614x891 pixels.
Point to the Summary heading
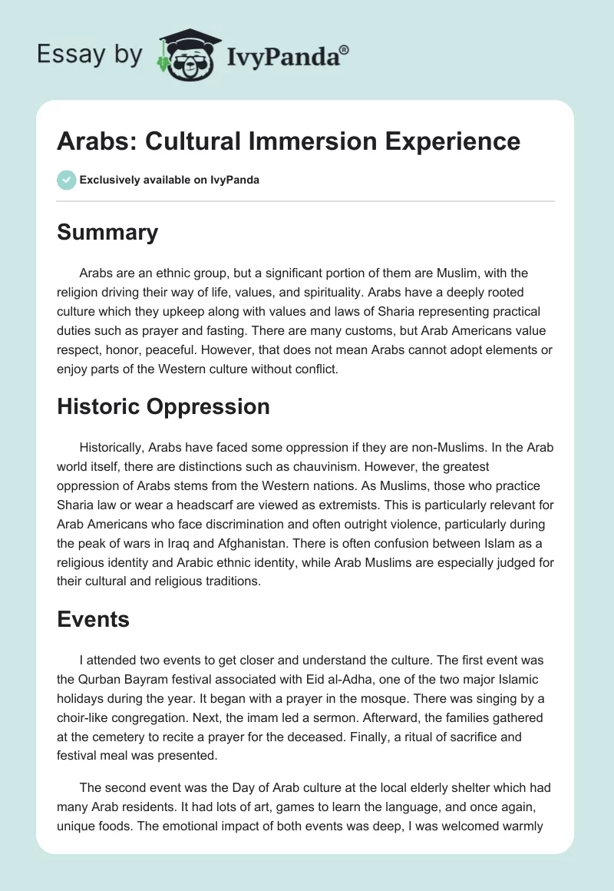click(x=107, y=232)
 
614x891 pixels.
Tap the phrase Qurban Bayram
click(x=125, y=678)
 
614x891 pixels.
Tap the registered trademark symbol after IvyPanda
click(x=345, y=49)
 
